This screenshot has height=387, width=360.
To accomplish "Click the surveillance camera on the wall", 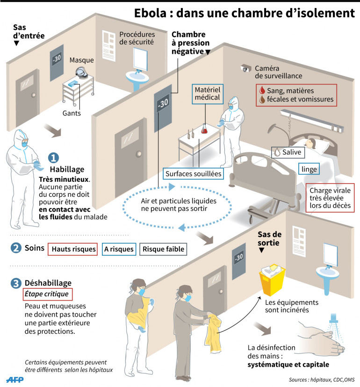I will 245,68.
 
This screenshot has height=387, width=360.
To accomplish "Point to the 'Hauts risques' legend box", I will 72,249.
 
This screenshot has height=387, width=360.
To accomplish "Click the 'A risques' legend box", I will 119,249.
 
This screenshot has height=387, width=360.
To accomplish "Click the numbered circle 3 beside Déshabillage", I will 16,283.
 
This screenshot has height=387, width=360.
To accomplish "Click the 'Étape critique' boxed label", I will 48,294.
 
